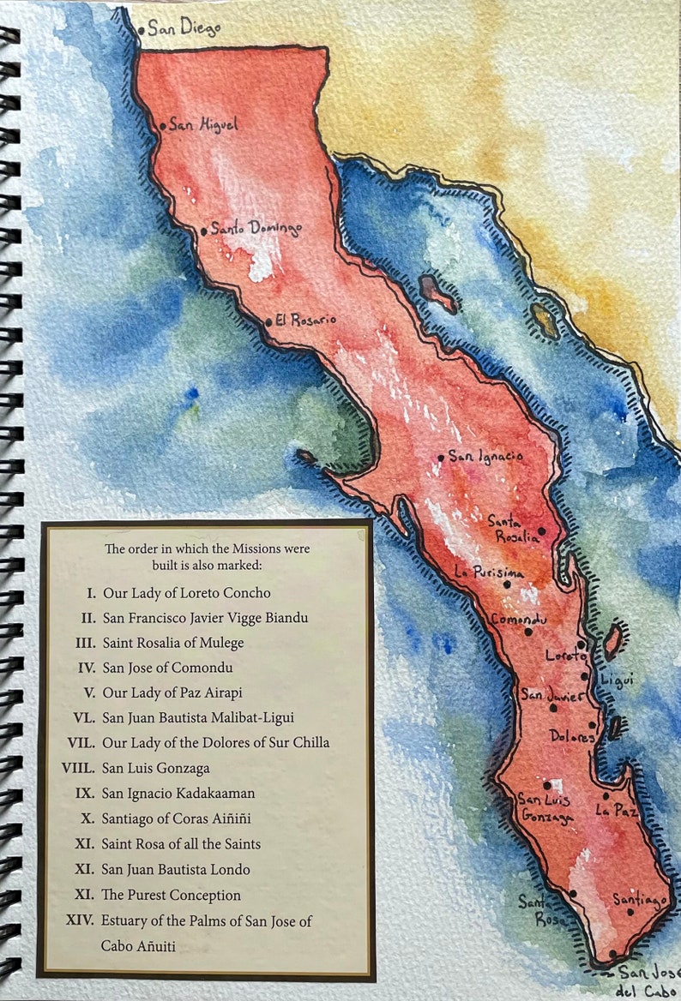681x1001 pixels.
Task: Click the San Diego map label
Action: pyautogui.click(x=184, y=28)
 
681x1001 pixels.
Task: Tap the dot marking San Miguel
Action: pyautogui.click(x=162, y=126)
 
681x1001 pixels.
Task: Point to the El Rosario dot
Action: pyautogui.click(x=268, y=322)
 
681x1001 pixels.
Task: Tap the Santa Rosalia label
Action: pyautogui.click(x=513, y=529)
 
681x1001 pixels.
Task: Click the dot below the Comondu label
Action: pyautogui.click(x=527, y=633)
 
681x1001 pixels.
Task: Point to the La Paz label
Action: pyautogui.click(x=618, y=810)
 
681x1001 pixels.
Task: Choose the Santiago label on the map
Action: pyautogui.click(x=640, y=899)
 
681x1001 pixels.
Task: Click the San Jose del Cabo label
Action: pyautogui.click(x=649, y=980)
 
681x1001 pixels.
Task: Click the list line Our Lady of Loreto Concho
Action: pyautogui.click(x=186, y=592)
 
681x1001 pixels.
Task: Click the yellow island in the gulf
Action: pyautogui.click(x=543, y=320)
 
